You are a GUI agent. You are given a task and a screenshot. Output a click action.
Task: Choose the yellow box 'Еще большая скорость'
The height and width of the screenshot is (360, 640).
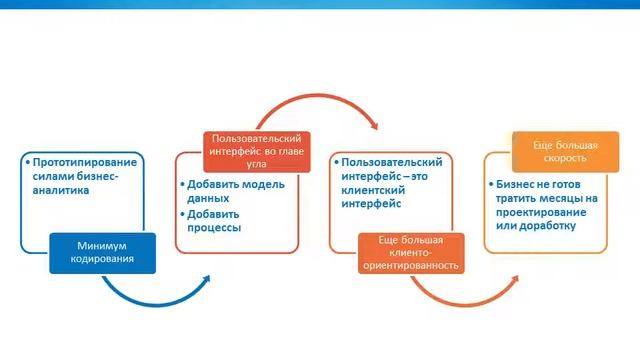pos(559,150)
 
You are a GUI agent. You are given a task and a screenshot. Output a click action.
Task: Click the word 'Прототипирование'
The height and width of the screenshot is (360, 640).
pos(84,161)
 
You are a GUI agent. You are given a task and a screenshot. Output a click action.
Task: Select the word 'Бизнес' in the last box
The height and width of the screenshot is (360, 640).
pos(518,185)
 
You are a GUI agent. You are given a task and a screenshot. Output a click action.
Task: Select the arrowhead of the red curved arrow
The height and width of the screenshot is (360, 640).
pos(372,126)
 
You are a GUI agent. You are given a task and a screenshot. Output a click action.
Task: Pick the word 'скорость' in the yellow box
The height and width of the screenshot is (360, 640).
pos(559,158)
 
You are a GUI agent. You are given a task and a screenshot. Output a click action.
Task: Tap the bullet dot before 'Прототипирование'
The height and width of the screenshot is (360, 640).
pos(27,162)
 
